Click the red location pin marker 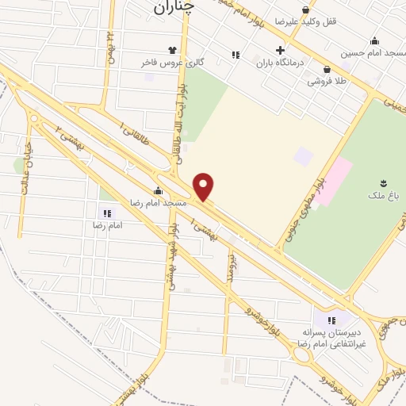(205, 186)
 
